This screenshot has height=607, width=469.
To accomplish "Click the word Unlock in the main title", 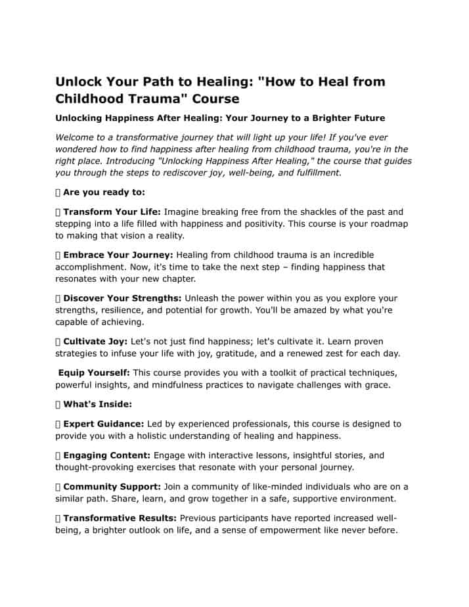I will [x=79, y=82].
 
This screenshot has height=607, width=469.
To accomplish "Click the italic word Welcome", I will [x=77, y=137].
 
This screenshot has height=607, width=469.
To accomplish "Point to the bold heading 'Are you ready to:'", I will [x=104, y=192].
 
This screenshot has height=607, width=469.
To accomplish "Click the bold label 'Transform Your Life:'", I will [x=112, y=212].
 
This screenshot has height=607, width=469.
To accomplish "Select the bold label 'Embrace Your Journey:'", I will [x=118, y=255].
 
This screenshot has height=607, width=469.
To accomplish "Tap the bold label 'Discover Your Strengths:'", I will [x=122, y=298].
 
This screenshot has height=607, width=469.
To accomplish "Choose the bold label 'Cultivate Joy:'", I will [x=96, y=342].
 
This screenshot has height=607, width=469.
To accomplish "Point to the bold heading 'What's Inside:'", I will [x=98, y=404].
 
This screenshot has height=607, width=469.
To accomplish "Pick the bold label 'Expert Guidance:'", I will [x=104, y=424].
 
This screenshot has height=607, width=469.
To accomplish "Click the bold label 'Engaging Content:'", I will [x=107, y=455].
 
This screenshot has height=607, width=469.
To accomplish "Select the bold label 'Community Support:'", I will [x=115, y=487].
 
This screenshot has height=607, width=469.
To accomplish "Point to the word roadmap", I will [x=384, y=224].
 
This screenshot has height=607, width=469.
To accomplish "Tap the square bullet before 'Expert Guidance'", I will [x=58, y=424].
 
